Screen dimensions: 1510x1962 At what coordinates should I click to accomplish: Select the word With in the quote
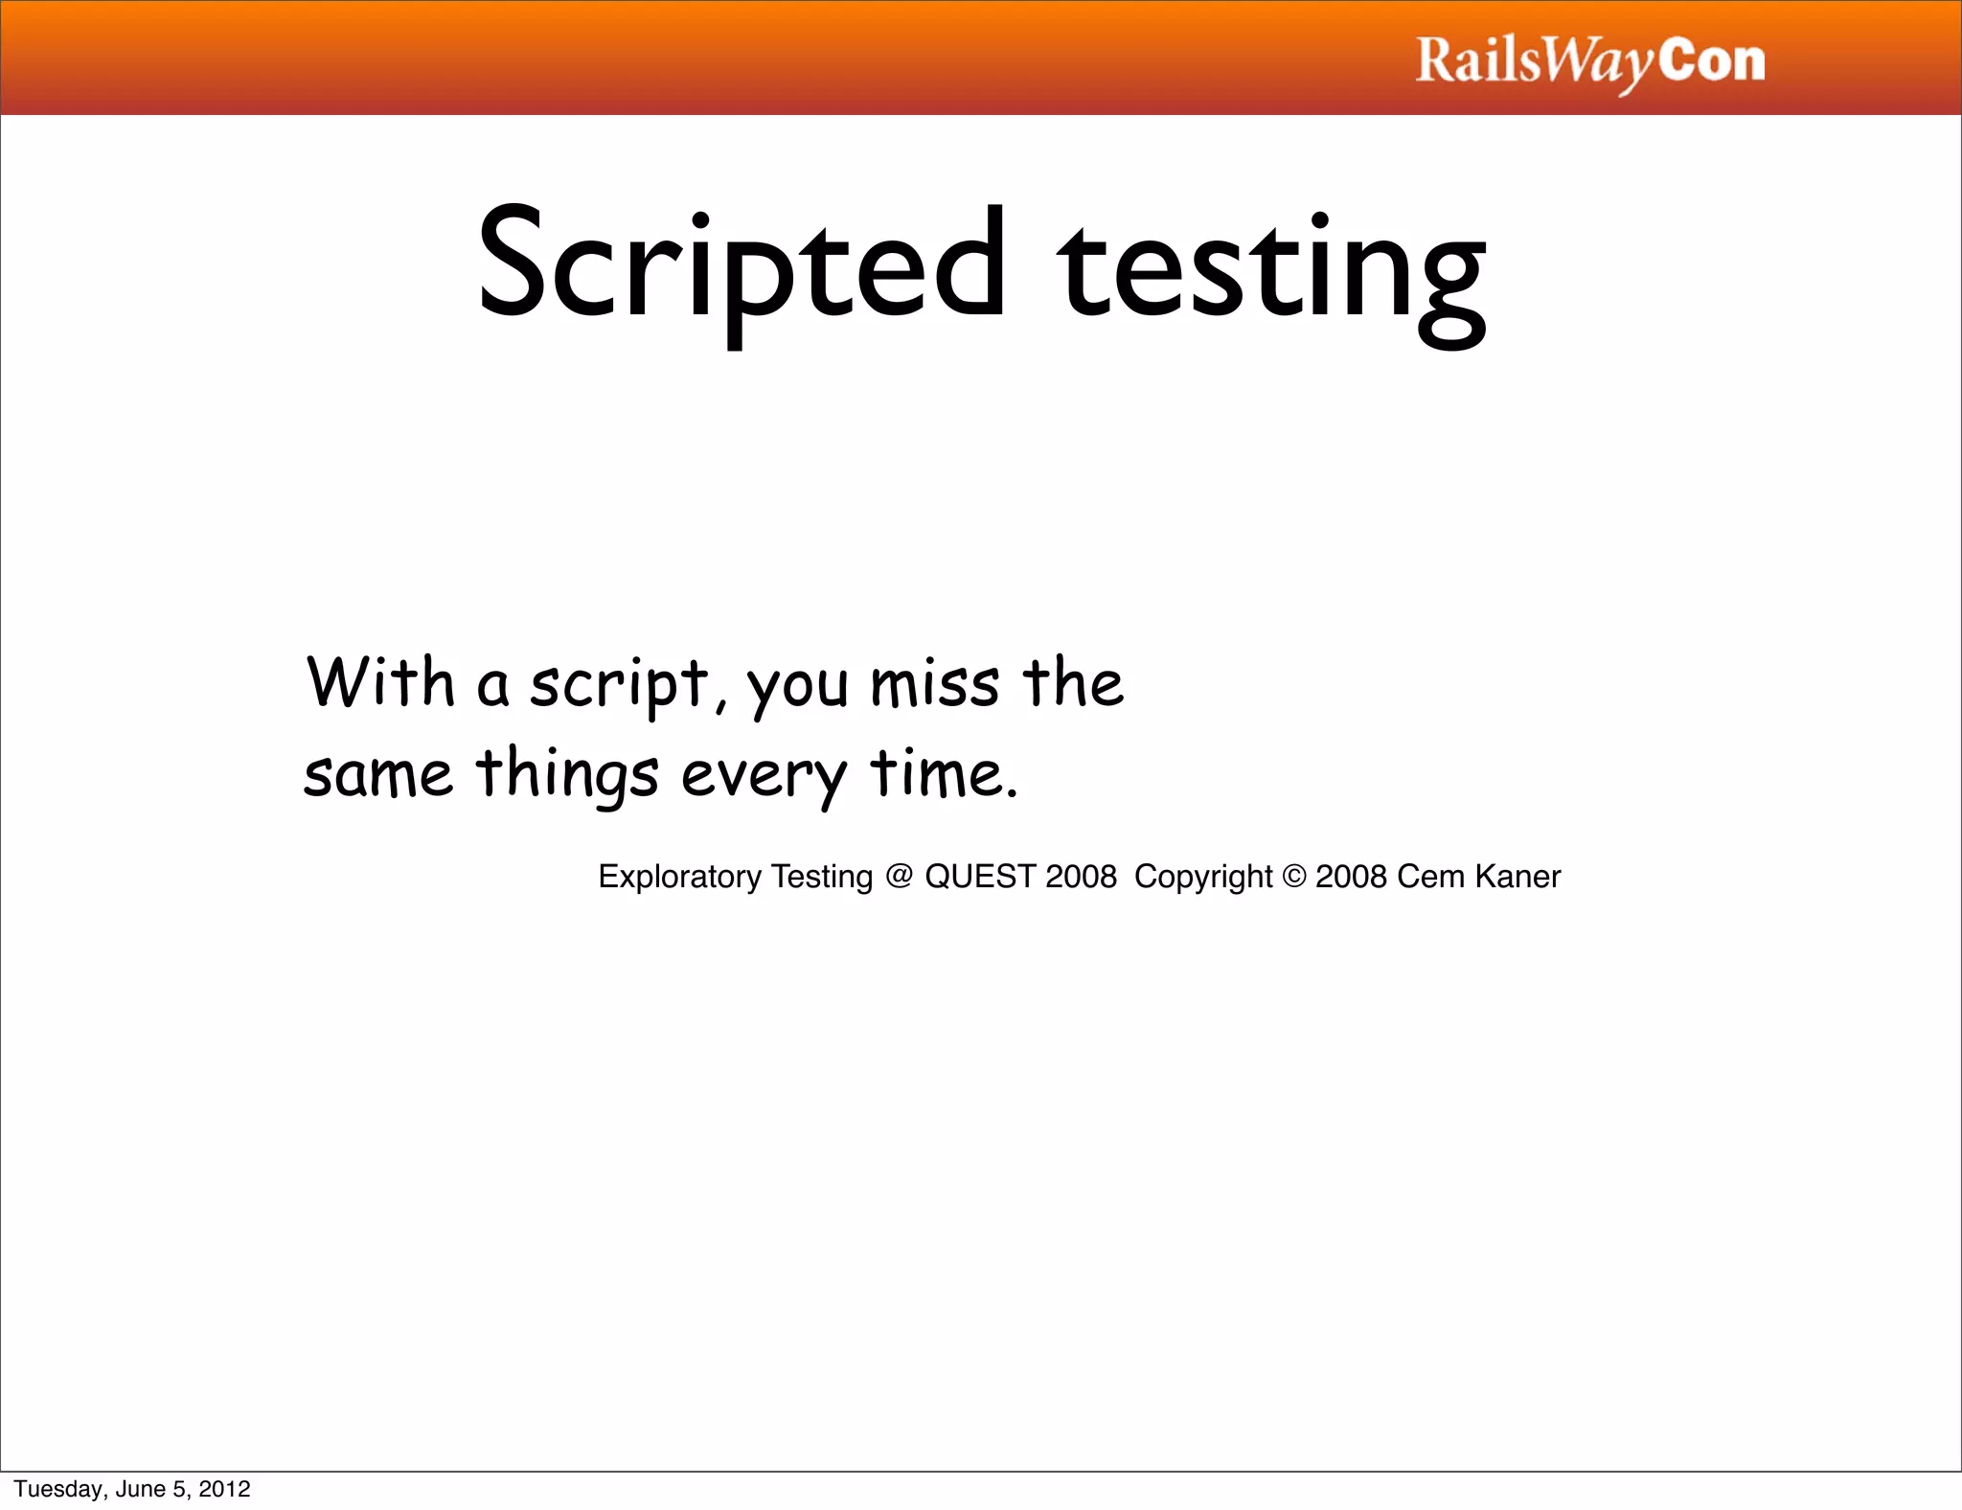coord(380,683)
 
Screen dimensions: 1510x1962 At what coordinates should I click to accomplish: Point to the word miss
coord(934,686)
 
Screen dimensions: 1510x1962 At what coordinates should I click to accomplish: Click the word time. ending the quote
coord(944,774)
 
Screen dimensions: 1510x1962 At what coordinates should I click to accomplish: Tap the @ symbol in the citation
coord(899,877)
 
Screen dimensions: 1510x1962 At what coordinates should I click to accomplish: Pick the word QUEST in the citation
coord(980,877)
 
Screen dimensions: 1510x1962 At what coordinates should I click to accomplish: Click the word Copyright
coord(1203,878)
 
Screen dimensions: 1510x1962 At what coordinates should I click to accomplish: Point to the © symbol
coord(1294,877)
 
